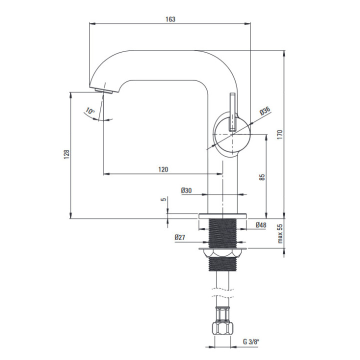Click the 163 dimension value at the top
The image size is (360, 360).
170,19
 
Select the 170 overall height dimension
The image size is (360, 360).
279,134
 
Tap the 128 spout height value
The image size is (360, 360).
66,154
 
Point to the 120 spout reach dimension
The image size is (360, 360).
163,169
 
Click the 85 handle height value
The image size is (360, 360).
262,177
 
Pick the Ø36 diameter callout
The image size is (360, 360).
265,111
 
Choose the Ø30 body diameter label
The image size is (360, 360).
186,190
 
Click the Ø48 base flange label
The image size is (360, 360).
261,225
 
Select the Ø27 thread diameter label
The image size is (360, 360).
180,237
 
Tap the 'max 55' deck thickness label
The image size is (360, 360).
280,233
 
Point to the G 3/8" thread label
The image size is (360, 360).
251,342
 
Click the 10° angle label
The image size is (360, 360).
90,111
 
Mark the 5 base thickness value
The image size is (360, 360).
163,199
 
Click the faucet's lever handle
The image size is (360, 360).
232,112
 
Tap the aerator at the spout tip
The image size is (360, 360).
104,90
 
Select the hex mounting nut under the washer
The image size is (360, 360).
222,253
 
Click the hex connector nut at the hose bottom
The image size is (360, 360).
222,328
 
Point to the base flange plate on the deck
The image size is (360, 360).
222,216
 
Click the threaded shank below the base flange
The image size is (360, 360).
222,233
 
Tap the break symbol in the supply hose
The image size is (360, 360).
222,292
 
